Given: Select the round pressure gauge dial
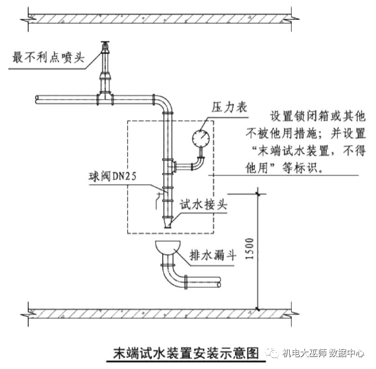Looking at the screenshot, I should point(201,138).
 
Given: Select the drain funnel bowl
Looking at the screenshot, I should point(167,245).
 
